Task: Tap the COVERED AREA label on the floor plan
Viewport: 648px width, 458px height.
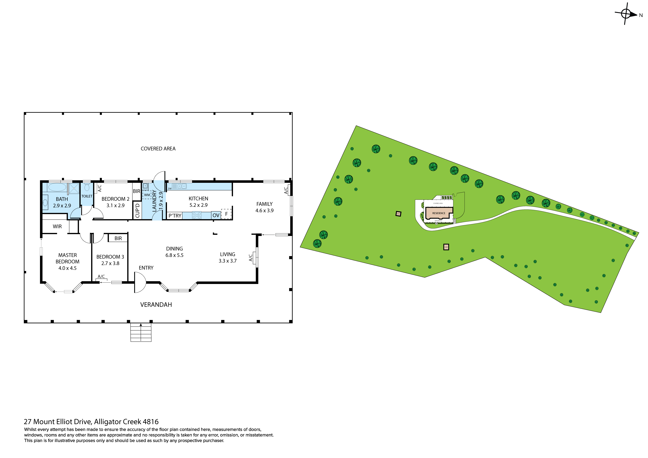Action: (158, 149)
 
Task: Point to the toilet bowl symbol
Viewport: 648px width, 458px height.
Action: (87, 187)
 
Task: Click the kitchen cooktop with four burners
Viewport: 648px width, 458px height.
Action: (197, 215)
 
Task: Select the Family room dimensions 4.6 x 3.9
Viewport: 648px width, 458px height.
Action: (264, 210)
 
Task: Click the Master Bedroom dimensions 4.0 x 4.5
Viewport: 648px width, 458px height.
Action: (67, 268)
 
